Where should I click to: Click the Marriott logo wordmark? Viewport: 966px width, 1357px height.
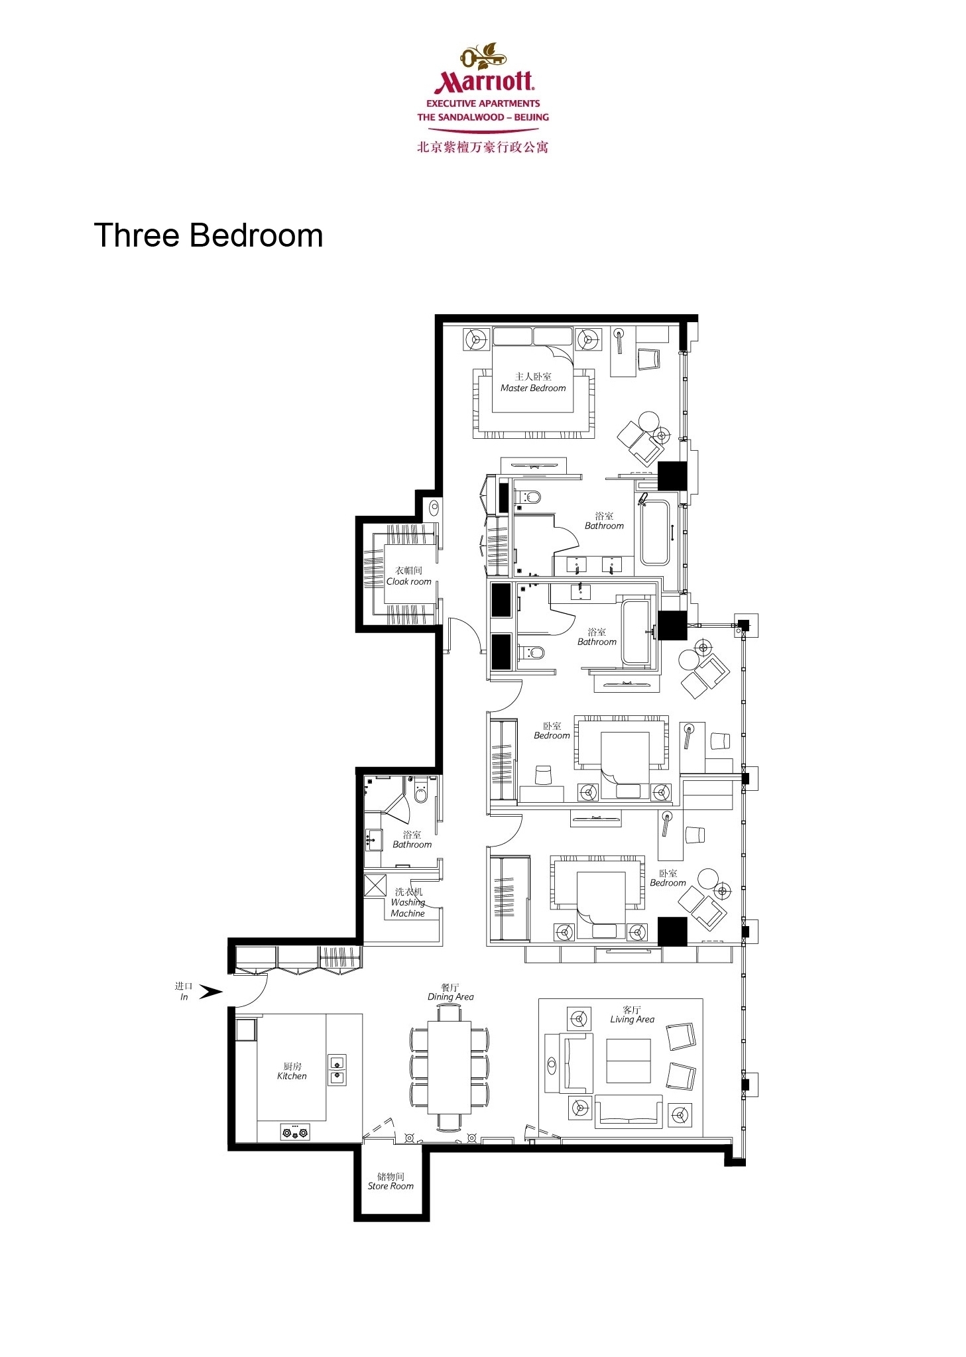(483, 81)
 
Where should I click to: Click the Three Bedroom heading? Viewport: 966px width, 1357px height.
(208, 235)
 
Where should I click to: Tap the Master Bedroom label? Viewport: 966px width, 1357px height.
(533, 388)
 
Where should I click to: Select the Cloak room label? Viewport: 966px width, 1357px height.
(408, 581)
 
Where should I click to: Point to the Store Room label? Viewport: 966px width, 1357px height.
(391, 1186)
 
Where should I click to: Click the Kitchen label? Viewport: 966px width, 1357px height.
(292, 1076)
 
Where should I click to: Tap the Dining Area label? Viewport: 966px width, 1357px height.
(450, 996)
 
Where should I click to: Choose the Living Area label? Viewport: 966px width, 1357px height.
(632, 1019)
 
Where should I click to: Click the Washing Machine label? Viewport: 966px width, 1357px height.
(408, 908)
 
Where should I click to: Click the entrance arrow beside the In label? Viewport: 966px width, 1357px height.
(211, 992)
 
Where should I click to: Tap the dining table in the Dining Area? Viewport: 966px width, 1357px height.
(449, 1068)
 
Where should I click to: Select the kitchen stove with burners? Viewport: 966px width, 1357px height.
(295, 1132)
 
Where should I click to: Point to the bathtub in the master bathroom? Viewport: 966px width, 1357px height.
(654, 532)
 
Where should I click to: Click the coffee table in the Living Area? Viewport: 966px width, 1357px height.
(629, 1061)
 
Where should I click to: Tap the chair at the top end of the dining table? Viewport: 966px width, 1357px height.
(449, 1013)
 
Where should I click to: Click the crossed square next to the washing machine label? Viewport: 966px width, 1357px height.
(375, 886)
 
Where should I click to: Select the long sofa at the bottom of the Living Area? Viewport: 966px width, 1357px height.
(629, 1112)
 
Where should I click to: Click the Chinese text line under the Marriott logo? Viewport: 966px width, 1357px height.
(483, 147)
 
